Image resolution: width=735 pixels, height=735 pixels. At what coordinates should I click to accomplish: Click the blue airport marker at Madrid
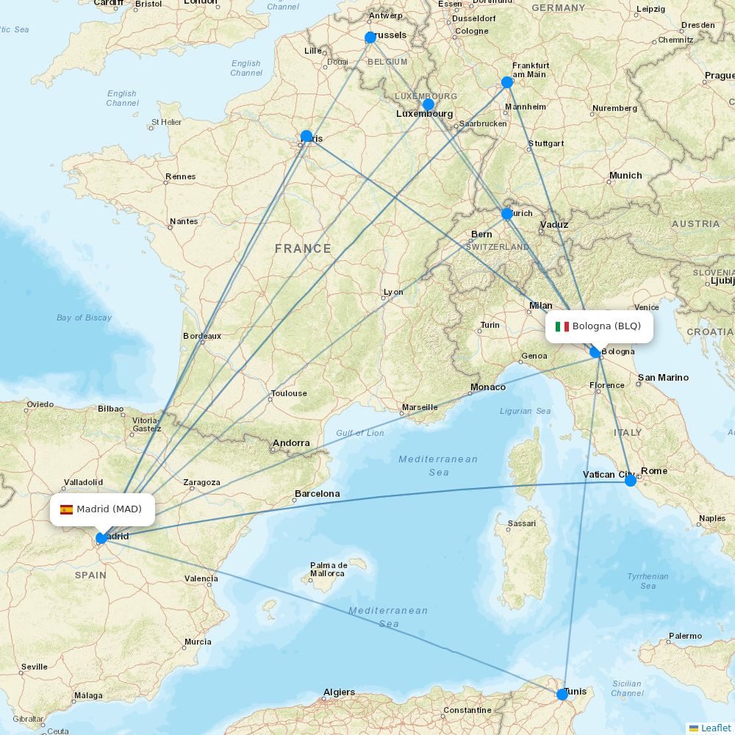tap(101, 538)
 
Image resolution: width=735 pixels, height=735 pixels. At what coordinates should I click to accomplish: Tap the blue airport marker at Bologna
tap(595, 353)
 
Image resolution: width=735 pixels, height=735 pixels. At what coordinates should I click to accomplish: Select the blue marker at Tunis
tap(562, 694)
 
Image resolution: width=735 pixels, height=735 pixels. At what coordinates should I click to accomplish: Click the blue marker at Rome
tap(631, 481)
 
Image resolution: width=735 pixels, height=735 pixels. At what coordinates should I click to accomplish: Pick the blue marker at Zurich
tap(506, 214)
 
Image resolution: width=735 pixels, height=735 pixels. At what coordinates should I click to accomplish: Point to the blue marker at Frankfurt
tap(506, 82)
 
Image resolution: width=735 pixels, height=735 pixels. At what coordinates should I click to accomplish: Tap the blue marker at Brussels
tap(370, 37)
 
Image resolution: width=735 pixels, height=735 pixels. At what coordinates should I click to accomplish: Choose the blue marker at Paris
tap(306, 136)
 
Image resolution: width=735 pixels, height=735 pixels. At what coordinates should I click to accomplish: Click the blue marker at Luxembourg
tap(429, 104)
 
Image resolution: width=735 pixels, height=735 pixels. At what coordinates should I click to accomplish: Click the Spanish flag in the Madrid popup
tap(66, 509)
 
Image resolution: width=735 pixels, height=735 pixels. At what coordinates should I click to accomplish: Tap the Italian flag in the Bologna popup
tap(562, 326)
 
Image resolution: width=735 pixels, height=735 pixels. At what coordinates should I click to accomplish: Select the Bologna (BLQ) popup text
tap(606, 326)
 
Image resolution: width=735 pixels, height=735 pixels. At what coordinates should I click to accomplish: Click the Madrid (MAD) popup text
tap(109, 509)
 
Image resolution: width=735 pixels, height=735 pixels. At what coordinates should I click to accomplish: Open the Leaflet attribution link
tap(715, 728)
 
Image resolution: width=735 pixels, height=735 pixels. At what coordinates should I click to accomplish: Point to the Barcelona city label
tap(317, 494)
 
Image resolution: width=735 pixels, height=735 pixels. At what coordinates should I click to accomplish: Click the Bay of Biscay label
tap(84, 318)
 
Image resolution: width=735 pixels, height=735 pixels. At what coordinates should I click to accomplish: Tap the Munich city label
tap(625, 176)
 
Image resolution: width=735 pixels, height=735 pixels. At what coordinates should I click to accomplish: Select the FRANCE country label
tap(303, 249)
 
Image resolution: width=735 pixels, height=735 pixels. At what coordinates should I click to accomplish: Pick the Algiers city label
tap(339, 692)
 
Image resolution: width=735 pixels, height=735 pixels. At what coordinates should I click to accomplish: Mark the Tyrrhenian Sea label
tap(648, 581)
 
